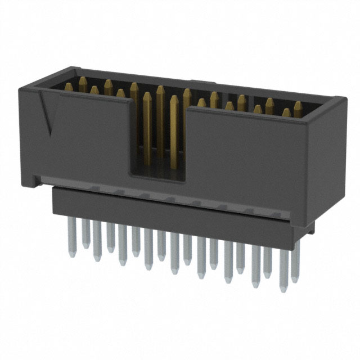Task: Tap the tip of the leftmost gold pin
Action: point(69,86)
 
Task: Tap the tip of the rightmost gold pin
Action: point(298,105)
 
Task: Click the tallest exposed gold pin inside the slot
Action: point(160,112)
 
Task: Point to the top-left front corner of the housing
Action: point(22,85)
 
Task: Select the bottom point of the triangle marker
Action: point(51,135)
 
